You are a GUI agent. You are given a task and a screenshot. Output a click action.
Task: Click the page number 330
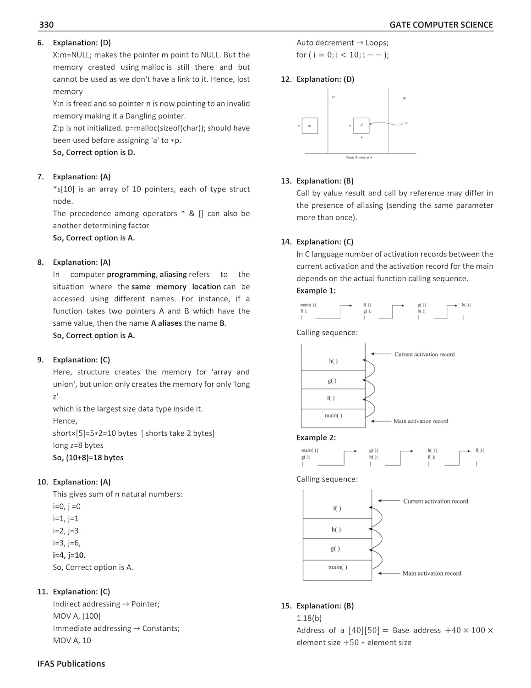[x=46, y=25]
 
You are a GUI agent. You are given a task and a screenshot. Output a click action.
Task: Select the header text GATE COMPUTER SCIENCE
[x=441, y=25]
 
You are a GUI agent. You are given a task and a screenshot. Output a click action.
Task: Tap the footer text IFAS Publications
[x=71, y=664]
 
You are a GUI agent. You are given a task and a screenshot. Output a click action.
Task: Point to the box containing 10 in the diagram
[x=310, y=126]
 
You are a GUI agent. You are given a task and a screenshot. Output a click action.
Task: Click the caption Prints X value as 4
[x=359, y=157]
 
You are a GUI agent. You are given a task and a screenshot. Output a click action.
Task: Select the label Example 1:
[x=316, y=290]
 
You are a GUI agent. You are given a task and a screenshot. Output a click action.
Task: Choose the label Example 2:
[x=316, y=438]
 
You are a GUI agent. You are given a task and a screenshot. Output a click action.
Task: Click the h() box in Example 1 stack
[x=333, y=361]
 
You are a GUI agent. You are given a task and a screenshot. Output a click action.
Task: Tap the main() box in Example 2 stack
[x=337, y=570]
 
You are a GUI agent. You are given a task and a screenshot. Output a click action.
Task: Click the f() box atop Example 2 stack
[x=337, y=508]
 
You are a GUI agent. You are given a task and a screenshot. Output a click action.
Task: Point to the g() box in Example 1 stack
[x=333, y=381]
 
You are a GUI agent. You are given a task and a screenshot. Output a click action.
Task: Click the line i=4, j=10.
[x=69, y=555]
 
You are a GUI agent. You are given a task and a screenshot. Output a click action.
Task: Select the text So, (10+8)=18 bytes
[x=88, y=457]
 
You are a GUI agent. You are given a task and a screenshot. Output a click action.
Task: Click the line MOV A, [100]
[x=77, y=616]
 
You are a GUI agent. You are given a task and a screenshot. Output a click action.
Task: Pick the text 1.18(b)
[x=309, y=618]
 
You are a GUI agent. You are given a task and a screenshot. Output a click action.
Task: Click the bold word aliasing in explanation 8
[x=173, y=274]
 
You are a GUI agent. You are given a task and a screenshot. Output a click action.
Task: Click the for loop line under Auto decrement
[x=342, y=55]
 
